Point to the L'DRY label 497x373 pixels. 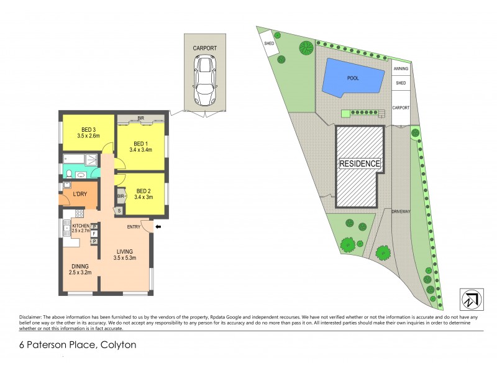pyautogui.click(x=80, y=195)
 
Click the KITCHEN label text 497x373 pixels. pyautogui.click(x=81, y=226)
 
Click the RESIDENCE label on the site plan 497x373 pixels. pyautogui.click(x=359, y=163)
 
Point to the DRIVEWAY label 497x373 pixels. pyautogui.click(x=402, y=211)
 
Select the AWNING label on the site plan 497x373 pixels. pyautogui.click(x=401, y=70)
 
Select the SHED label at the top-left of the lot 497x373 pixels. pyautogui.click(x=269, y=44)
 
